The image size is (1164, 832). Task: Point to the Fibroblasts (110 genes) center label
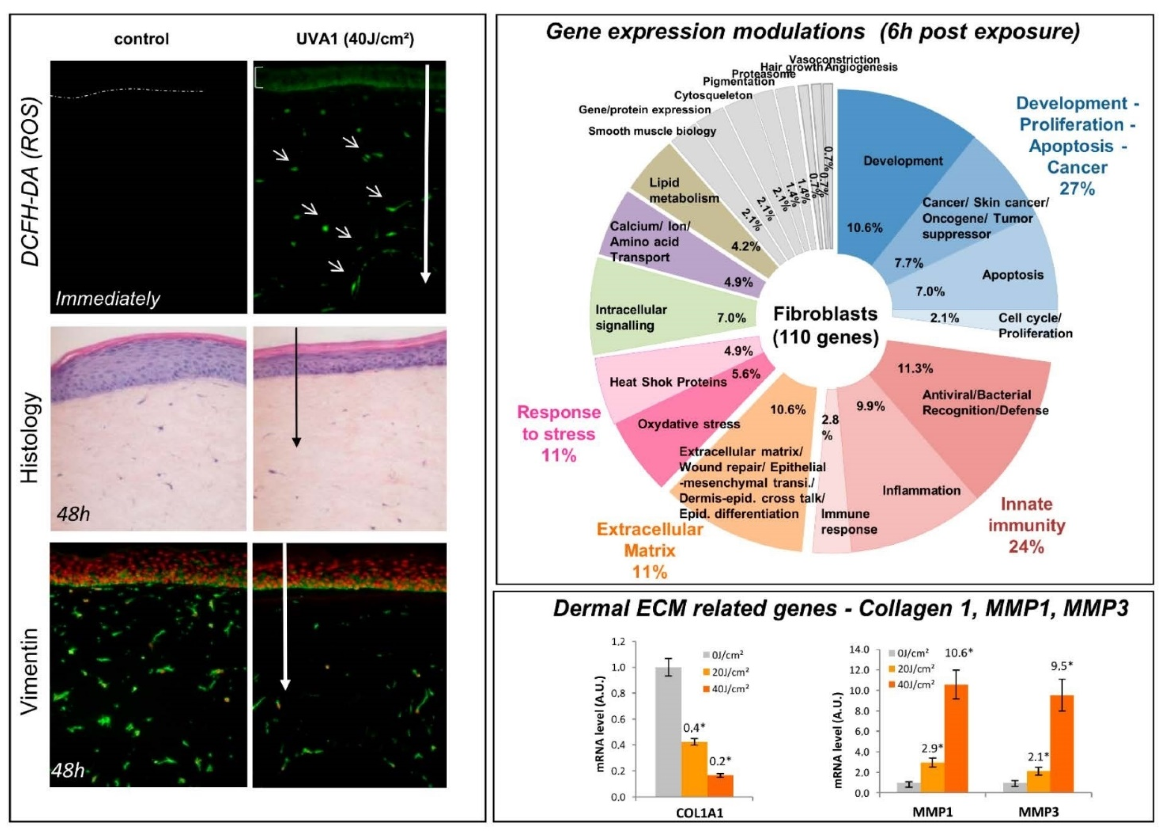(825, 326)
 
